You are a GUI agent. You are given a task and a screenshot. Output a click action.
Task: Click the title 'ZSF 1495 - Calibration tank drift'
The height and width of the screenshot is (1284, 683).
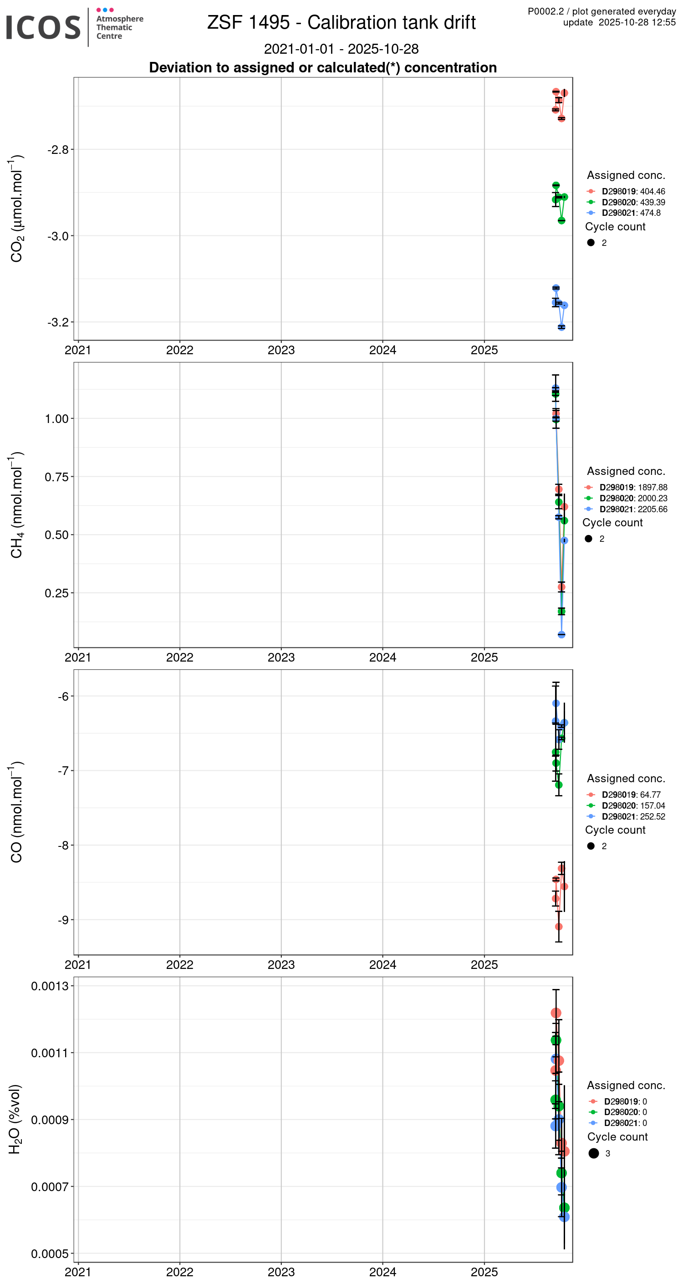(x=341, y=22)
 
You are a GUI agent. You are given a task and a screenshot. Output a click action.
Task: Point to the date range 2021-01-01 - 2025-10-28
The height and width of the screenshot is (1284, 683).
(x=341, y=49)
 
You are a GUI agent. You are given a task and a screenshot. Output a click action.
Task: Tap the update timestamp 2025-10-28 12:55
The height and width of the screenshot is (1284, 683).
(x=637, y=22)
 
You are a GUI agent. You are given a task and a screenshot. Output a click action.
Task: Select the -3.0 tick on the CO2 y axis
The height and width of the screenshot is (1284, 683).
(x=58, y=236)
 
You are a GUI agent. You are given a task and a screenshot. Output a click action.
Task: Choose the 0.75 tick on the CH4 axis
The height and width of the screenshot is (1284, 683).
(x=56, y=477)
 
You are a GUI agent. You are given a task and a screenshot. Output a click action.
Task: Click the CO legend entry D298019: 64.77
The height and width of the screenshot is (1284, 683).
(x=631, y=795)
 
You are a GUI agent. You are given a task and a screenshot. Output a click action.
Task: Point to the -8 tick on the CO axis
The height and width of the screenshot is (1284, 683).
(x=63, y=846)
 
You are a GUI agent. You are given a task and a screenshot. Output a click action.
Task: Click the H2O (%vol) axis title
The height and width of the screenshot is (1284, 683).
(x=15, y=1119)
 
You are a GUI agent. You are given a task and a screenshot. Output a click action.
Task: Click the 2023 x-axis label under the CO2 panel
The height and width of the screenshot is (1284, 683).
(x=281, y=351)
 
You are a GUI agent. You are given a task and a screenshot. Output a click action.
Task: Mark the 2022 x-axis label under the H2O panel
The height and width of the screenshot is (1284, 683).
(x=179, y=1272)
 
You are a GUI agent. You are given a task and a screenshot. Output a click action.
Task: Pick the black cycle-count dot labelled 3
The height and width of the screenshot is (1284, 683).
(x=593, y=1153)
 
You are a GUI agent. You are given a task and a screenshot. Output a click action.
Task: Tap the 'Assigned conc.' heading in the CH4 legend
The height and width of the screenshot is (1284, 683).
(x=626, y=471)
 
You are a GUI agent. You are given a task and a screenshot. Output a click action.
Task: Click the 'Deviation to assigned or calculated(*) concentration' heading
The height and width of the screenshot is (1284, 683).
(x=322, y=68)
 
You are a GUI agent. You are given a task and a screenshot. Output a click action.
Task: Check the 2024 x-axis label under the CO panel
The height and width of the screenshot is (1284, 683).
(x=382, y=964)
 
